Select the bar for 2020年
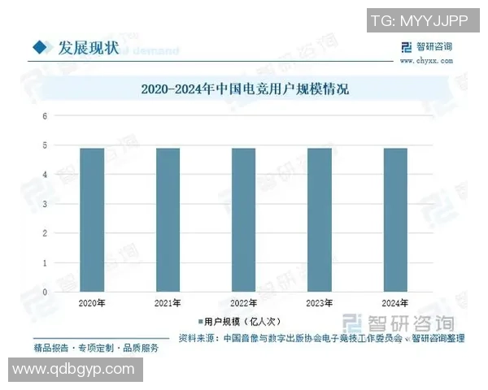pyautogui.click(x=92, y=219)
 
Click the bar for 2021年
pyautogui.click(x=168, y=219)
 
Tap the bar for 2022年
pyautogui.click(x=243, y=219)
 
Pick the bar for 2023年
pyautogui.click(x=319, y=219)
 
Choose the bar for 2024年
pyautogui.click(x=395, y=219)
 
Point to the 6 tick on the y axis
pyautogui.click(x=46, y=115)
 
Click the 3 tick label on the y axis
pyautogui.click(x=46, y=204)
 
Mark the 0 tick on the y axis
pyautogui.click(x=46, y=292)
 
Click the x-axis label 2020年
pyautogui.click(x=92, y=303)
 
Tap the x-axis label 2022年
pyautogui.click(x=243, y=303)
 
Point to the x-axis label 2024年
pyautogui.click(x=395, y=303)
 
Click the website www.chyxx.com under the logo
pyautogui.click(x=425, y=59)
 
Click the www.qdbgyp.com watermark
pyautogui.click(x=73, y=369)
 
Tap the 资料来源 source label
pyautogui.click(x=197, y=338)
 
